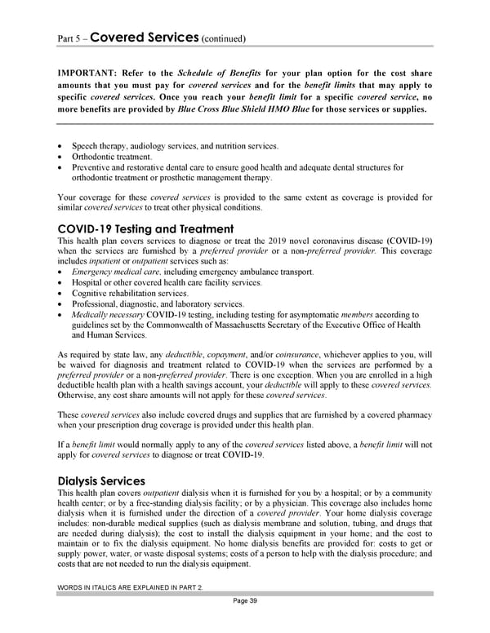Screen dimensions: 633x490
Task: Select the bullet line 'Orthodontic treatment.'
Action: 111,157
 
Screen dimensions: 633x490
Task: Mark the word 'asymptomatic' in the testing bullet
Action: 313,314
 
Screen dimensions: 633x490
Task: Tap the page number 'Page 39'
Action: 244,601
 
